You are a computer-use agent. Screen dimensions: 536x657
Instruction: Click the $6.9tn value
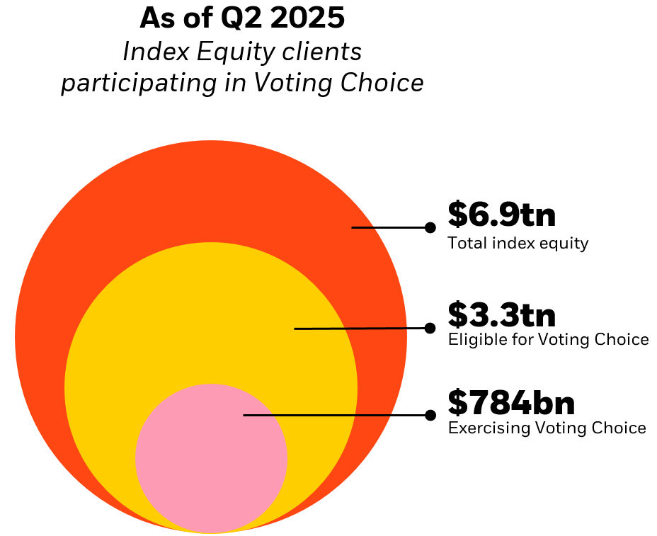coord(501,215)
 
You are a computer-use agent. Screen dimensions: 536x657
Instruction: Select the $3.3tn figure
coord(501,315)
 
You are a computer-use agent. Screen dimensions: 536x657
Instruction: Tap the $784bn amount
coord(510,403)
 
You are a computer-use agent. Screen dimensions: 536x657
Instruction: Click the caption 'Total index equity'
coord(518,244)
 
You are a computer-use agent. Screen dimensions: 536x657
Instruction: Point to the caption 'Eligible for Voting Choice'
coord(548,340)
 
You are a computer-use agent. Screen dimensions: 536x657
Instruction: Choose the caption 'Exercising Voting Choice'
coord(547,428)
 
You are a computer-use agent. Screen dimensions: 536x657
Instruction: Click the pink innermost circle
coord(211,467)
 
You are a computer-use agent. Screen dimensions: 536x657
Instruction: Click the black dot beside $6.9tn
coord(430,227)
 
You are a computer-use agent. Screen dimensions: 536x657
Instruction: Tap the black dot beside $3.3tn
coord(430,328)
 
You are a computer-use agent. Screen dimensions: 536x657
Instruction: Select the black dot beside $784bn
coord(430,415)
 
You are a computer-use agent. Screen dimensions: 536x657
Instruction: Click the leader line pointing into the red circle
coord(389,227)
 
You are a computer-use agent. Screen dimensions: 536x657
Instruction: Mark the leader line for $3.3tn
coord(361,329)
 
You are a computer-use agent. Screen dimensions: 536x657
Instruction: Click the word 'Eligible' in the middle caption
coord(472,340)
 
